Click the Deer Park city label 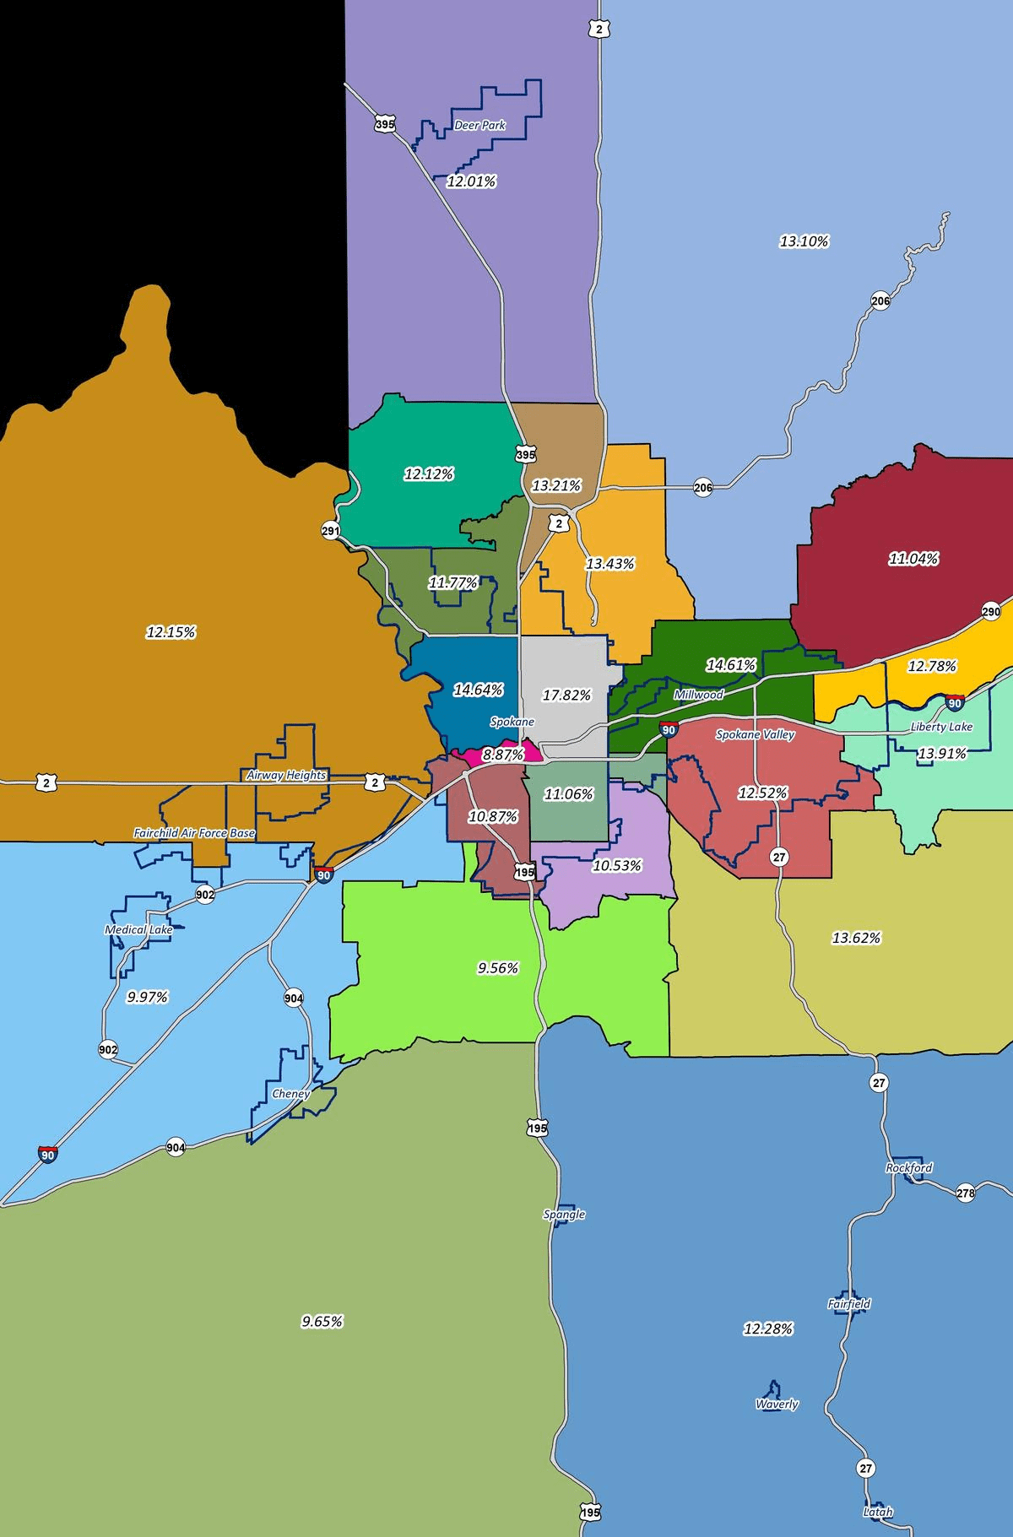pos(479,126)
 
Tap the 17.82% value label pos(566,695)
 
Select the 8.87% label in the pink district pos(503,755)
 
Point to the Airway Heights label pos(286,775)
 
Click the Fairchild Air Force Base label pos(194,833)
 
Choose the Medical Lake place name pos(138,929)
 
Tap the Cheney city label pos(290,1093)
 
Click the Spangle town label pos(564,1215)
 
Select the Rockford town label pos(909,1168)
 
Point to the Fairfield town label pos(849,1304)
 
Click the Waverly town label pos(777,1404)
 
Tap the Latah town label pos(878,1512)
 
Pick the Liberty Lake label pos(941,727)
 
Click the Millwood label pos(698,695)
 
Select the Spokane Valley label pos(755,734)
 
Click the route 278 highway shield pos(966,1193)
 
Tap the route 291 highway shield pos(330,531)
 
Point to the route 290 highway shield pos(991,612)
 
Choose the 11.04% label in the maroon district pos(913,559)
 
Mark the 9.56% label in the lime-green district pos(497,968)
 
